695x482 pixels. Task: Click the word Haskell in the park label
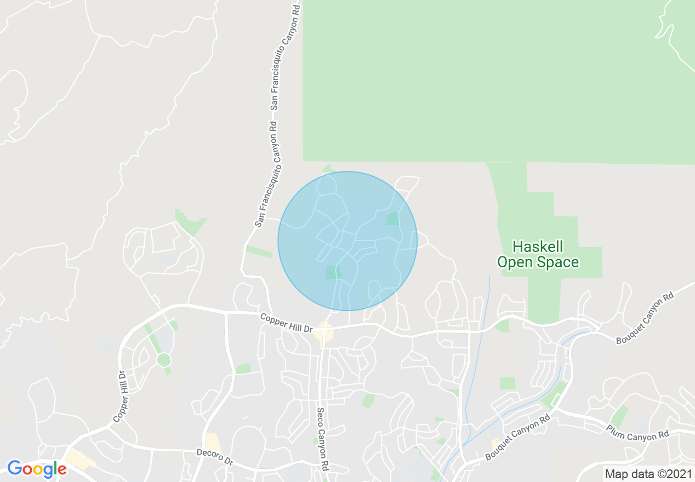538,246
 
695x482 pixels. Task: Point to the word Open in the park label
515,262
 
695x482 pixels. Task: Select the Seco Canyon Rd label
323,438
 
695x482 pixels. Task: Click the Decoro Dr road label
215,457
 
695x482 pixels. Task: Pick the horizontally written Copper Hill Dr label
286,323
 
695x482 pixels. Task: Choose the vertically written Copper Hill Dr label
119,397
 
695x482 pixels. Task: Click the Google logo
37,469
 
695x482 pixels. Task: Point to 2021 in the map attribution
680,474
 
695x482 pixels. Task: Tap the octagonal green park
163,360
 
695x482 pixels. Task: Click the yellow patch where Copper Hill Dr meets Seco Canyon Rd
325,333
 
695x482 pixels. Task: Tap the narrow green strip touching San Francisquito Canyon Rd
259,251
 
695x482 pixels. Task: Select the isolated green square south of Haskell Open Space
508,383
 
